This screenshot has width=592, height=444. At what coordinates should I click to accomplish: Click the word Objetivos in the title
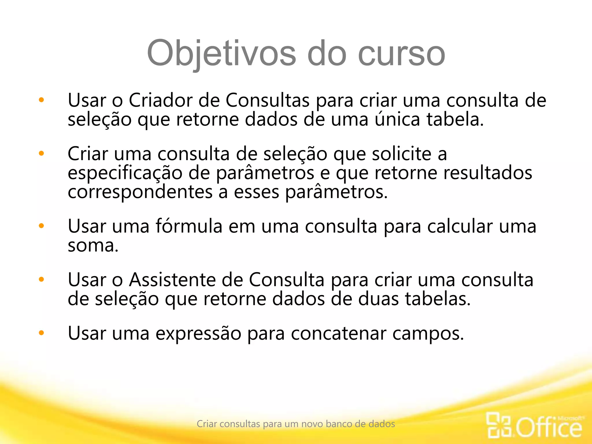point(221,53)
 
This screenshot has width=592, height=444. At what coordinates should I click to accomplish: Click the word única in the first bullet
point(397,119)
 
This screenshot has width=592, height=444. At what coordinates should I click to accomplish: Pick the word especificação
point(125,173)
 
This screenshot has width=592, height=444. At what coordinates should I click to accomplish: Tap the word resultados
point(488,173)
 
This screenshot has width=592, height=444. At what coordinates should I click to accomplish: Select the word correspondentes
point(140,192)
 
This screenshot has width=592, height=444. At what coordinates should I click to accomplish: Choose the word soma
point(92,245)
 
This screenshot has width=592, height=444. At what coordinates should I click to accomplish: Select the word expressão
point(198,333)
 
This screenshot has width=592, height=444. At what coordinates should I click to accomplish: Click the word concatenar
point(338,333)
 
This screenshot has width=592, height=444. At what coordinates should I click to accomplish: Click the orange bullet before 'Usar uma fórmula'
point(41,225)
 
